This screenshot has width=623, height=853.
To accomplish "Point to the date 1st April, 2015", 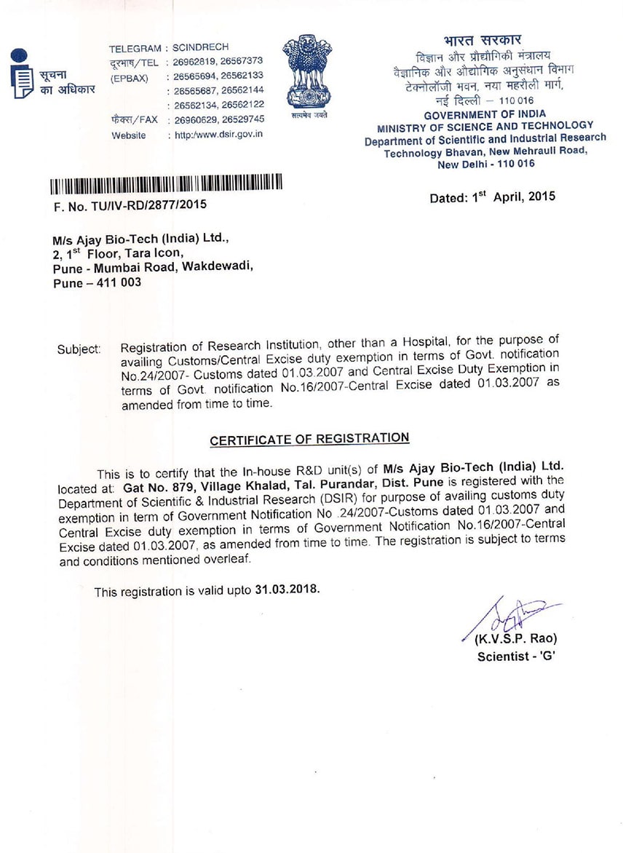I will pos(492,197).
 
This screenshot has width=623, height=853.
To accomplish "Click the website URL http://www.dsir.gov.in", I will pos(219,135).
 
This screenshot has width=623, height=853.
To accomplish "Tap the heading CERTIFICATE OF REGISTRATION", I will pos(309,439).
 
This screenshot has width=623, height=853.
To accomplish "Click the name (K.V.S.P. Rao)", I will pos(516,640).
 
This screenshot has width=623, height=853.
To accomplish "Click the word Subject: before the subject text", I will pos(79,349).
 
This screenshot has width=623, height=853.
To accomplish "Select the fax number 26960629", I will pos(195,119).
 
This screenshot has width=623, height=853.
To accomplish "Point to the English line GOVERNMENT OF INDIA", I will pos(485,115).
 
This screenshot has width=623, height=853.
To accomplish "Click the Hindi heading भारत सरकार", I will pos(482,41).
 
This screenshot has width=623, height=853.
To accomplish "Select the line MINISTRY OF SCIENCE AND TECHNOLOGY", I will pos(485,127).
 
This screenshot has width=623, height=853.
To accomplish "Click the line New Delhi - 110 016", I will pos(485,164).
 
